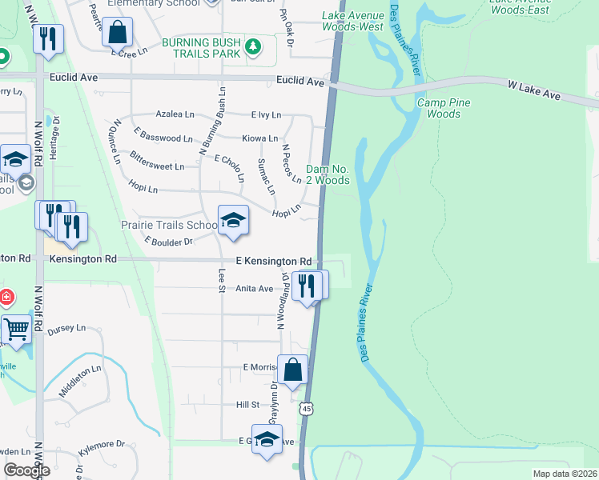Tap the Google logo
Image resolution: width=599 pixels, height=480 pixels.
point(26,470)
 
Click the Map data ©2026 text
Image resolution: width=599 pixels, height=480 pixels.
point(565,474)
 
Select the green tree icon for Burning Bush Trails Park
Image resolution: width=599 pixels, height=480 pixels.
point(253,46)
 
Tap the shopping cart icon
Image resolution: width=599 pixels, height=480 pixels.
point(16,328)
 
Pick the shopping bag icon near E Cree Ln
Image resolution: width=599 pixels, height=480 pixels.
point(117,33)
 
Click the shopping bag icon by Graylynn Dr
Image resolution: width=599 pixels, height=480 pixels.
point(293,369)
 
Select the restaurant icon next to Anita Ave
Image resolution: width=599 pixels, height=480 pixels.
point(307,285)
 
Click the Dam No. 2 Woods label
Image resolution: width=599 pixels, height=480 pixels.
point(328,174)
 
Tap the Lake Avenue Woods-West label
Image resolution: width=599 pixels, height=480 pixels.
point(352,21)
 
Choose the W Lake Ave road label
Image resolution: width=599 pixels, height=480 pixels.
point(534,89)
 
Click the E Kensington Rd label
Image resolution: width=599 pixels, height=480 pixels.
point(273,262)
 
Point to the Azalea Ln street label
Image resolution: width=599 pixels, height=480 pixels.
point(175,114)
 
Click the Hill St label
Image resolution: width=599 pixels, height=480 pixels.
point(247,406)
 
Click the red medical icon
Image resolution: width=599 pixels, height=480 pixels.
point(6,298)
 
